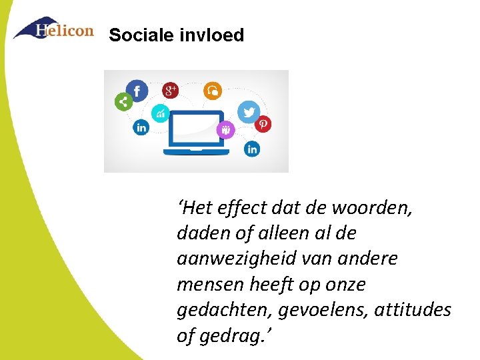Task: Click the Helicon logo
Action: (53, 29)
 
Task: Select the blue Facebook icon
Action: (137, 91)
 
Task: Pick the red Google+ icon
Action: (171, 90)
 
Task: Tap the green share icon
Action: (123, 102)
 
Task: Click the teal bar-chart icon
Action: (161, 113)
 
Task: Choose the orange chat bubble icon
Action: (213, 90)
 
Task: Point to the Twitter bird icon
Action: (249, 111)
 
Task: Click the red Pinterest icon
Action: (264, 124)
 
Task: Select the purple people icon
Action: (226, 129)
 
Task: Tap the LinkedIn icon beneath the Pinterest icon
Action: (252, 149)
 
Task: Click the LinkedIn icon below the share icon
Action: (141, 127)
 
